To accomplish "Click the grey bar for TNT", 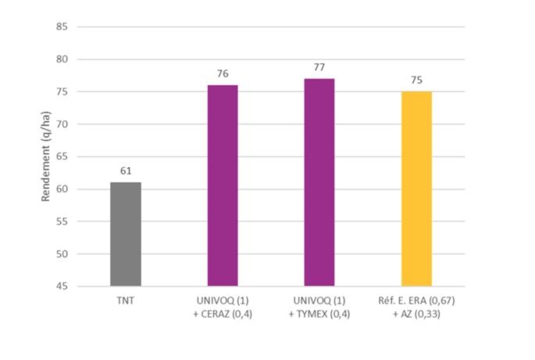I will (x=126, y=234).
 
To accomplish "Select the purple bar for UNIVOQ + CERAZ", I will (x=223, y=186).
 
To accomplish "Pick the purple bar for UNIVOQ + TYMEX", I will (x=319, y=183).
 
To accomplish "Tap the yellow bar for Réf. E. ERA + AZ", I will (x=416, y=189).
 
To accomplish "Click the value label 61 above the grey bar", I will (x=126, y=170).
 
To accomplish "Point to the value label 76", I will (x=223, y=73).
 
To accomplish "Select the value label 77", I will (x=319, y=67).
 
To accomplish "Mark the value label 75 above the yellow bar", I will (x=416, y=80).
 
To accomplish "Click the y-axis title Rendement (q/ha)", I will (x=46, y=157).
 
